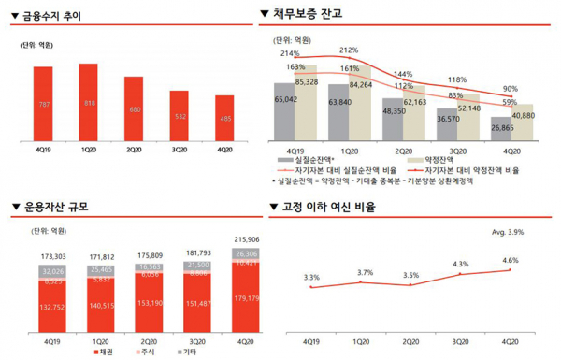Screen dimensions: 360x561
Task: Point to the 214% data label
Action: click(x=290, y=55)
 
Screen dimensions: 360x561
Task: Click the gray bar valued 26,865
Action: click(x=502, y=131)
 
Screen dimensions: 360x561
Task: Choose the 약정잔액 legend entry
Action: click(x=439, y=160)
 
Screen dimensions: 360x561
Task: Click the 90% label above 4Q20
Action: click(x=511, y=89)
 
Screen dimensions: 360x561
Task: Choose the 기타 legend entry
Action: click(x=185, y=353)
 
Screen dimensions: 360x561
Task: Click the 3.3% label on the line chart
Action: click(x=312, y=277)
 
